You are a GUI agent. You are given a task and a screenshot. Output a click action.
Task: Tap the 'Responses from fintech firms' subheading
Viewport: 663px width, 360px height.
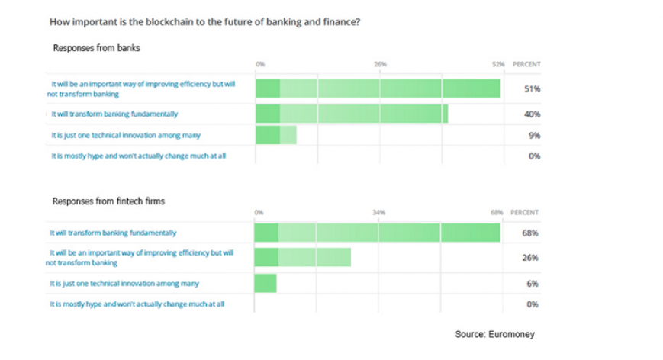pos(108,201)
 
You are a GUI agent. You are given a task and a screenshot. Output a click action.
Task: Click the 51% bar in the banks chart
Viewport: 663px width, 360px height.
pos(378,88)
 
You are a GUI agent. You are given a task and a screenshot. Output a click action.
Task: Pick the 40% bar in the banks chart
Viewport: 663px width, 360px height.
pos(351,114)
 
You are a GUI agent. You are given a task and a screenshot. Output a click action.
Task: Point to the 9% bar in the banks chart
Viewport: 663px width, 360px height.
pos(275,135)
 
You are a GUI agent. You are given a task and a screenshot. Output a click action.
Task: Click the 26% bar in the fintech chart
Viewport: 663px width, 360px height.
pos(302,257)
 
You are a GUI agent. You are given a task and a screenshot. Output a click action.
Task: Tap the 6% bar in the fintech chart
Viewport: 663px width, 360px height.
pos(266,284)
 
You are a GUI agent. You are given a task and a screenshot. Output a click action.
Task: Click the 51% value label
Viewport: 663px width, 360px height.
pos(532,89)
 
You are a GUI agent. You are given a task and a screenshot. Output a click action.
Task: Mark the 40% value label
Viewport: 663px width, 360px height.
pos(532,114)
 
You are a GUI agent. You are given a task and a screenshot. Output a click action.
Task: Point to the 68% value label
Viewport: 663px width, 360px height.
pos(530,233)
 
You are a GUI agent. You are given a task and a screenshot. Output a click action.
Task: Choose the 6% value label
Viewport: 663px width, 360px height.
pos(532,284)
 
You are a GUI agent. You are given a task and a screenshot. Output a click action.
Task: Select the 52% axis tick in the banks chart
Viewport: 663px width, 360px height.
pos(499,64)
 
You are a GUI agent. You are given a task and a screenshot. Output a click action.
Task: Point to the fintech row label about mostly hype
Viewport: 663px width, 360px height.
pos(137,304)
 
